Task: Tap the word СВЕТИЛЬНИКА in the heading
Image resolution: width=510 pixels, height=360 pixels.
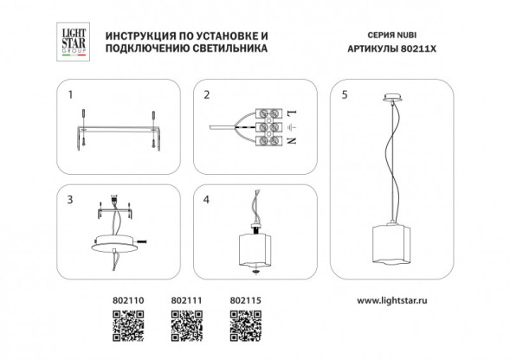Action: (x=223, y=50)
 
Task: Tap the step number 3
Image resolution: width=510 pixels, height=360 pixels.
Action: (x=73, y=198)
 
